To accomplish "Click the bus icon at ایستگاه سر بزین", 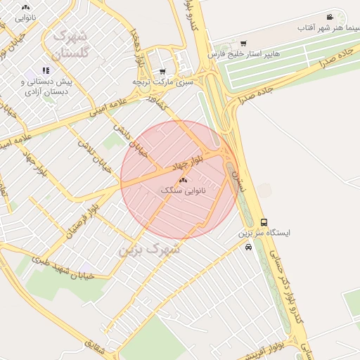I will pyautogui.click(x=264, y=222).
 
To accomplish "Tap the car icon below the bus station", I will pyautogui.click(x=248, y=247).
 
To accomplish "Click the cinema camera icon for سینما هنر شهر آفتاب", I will pyautogui.click(x=330, y=17).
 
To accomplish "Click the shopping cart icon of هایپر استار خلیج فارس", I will pyautogui.click(x=243, y=44).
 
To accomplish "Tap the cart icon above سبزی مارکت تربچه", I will pyautogui.click(x=163, y=72).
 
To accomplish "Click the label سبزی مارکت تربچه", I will pyautogui.click(x=163, y=82).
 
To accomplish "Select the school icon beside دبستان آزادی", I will pyautogui.click(x=46, y=70).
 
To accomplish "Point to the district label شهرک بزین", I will pyautogui.click(x=149, y=249).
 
